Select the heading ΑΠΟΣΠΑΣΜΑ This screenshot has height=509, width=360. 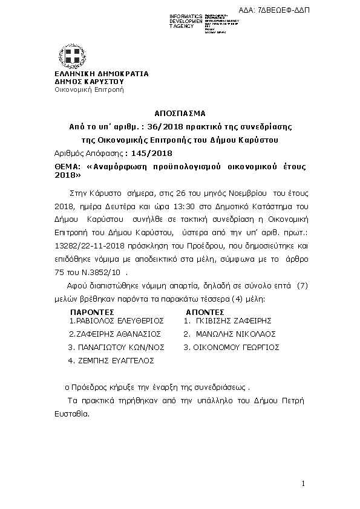tap(180, 113)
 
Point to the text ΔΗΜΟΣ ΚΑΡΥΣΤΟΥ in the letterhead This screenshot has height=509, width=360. tap(89, 81)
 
